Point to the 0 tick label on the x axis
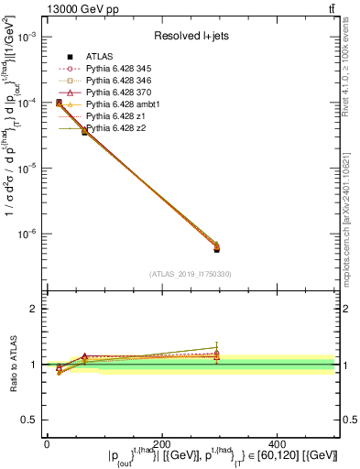(x=47, y=442)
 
